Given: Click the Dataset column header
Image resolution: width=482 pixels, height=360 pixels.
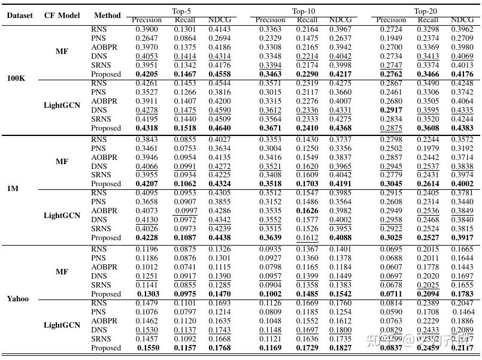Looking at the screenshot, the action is pos(20,16).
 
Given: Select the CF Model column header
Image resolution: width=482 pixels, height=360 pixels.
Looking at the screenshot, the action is pos(62,16).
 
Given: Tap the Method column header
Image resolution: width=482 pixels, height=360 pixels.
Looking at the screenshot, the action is pos(107,16).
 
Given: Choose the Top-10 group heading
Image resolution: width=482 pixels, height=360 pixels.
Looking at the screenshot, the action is pos(304,11).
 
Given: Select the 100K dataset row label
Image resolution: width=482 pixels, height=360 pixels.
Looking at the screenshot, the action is pos(16,78).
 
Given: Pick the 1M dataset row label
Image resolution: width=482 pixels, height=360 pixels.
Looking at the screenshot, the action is pos(13,188).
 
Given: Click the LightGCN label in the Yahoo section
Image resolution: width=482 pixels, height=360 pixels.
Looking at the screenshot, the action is pos(62,325).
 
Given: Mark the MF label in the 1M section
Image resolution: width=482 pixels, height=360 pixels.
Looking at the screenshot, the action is pos(62,162).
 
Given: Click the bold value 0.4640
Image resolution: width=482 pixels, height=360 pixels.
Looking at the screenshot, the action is pos(220,128).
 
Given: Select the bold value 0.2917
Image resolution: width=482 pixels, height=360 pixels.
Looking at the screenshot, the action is pos(392,111).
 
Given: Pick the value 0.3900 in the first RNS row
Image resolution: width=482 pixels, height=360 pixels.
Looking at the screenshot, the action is pos(147,29).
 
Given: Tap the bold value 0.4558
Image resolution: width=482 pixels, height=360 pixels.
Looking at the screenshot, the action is pos(220,74).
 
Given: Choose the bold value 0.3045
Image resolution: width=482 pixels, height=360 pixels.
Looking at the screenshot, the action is pos(392,184).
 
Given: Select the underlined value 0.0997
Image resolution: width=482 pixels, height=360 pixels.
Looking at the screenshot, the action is pos(186,211).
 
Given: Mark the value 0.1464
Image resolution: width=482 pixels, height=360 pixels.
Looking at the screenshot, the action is pos(463,312).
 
